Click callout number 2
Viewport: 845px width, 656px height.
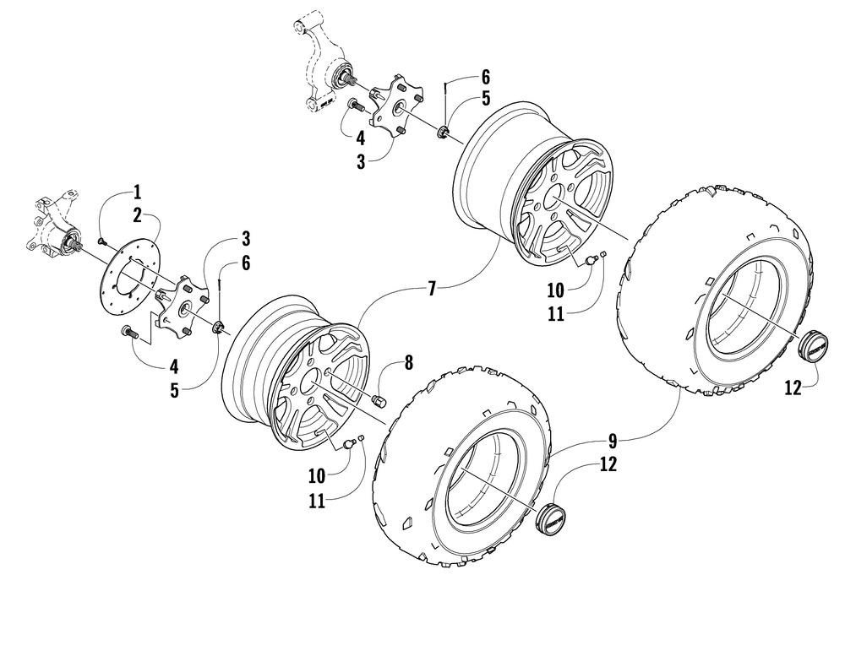pyautogui.click(x=138, y=215)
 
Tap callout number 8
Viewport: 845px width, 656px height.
pyautogui.click(x=409, y=364)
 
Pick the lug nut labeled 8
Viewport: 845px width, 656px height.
pyautogui.click(x=379, y=398)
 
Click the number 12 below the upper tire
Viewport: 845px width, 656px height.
pyautogui.click(x=793, y=389)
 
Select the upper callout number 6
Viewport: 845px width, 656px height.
pyautogui.click(x=485, y=75)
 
